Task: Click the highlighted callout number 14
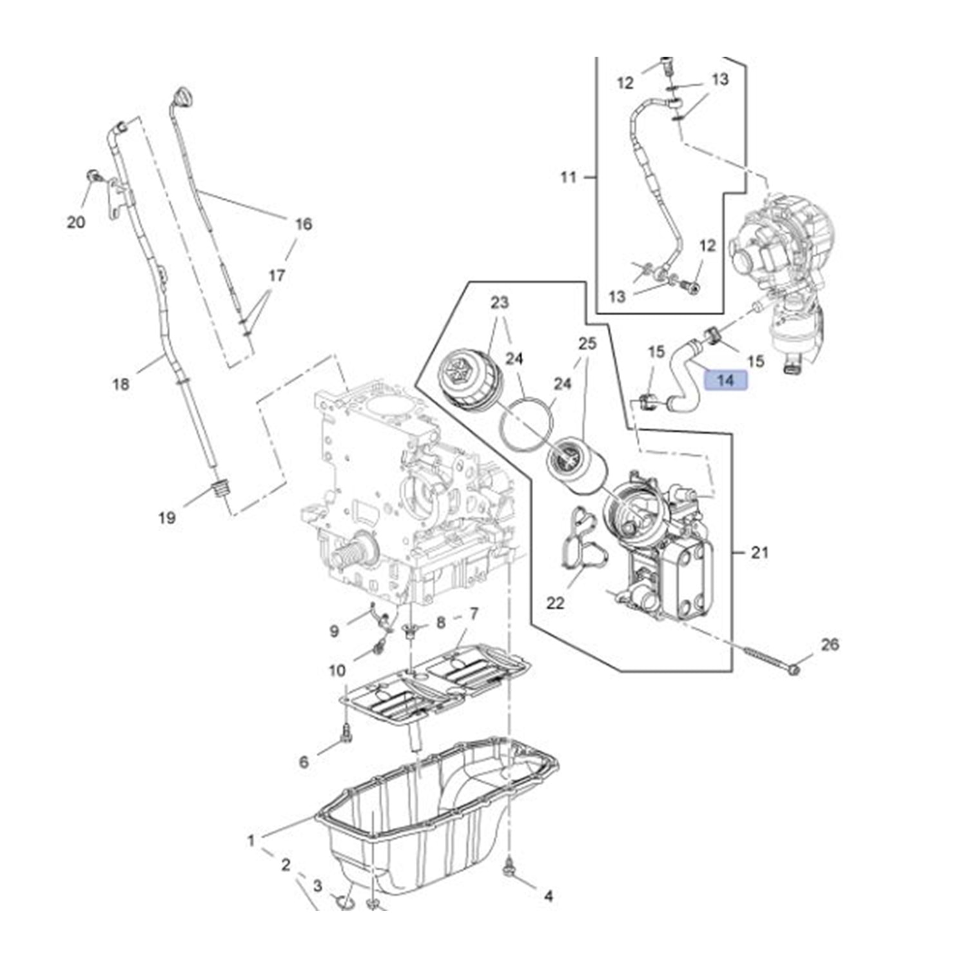pyautogui.click(x=726, y=380)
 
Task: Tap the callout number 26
pyautogui.click(x=830, y=644)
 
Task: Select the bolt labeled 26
pyautogui.click(x=771, y=660)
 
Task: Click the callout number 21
pyautogui.click(x=760, y=552)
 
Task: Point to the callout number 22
pyautogui.click(x=555, y=603)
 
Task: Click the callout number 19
pyautogui.click(x=166, y=517)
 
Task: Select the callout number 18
pyautogui.click(x=121, y=384)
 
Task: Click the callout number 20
pyautogui.click(x=76, y=222)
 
